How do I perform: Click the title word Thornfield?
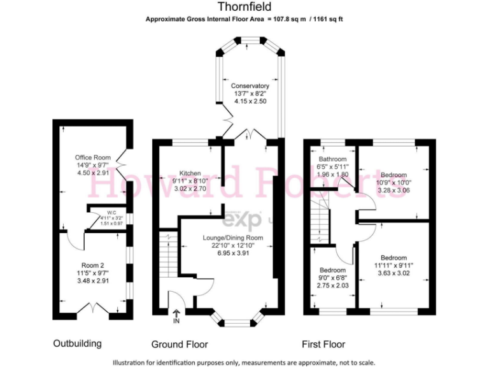[244, 7]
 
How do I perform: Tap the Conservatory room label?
[250, 85]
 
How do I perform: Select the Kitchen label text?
[190, 173]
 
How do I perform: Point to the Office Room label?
[93, 157]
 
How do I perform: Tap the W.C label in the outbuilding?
[111, 212]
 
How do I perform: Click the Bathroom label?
[333, 159]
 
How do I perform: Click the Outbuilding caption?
[76, 344]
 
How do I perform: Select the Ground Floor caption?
[180, 345]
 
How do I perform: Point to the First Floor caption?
[323, 345]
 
